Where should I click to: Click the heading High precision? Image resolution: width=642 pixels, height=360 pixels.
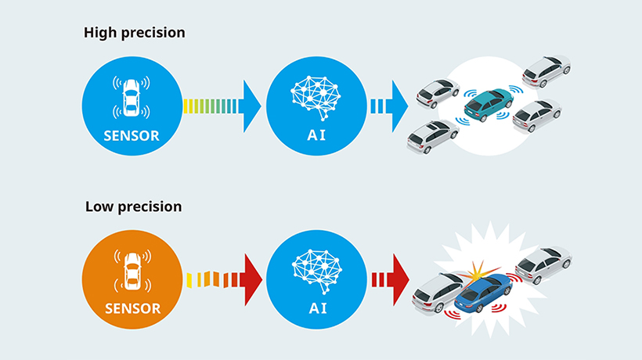(x=135, y=34)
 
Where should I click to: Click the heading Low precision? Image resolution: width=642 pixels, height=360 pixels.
(x=133, y=207)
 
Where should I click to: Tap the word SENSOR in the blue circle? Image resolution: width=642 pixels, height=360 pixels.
(x=132, y=135)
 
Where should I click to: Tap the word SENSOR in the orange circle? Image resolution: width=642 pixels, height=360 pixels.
(x=132, y=308)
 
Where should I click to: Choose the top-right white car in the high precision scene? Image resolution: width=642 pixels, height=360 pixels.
(x=546, y=70)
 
